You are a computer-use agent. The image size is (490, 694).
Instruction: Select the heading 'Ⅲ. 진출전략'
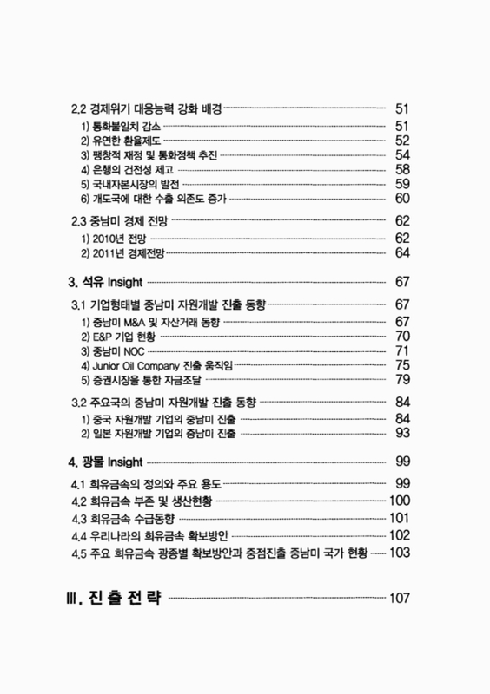(x=116, y=598)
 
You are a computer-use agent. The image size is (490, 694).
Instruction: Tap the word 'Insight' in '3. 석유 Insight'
(x=122, y=282)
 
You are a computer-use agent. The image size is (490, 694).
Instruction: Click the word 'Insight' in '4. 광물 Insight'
(x=122, y=461)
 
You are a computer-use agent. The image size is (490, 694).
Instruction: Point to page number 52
(x=402, y=141)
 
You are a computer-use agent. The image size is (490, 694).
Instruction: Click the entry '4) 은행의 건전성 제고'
(x=125, y=169)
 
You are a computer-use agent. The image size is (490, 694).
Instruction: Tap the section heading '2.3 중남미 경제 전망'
(x=120, y=220)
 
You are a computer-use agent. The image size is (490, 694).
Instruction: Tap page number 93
(x=402, y=432)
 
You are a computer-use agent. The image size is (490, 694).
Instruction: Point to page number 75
(x=402, y=365)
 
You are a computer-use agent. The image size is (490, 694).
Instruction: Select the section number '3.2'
(x=78, y=403)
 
